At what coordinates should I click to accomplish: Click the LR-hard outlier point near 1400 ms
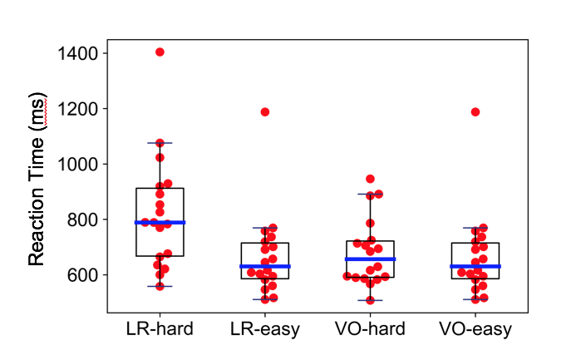click(160, 52)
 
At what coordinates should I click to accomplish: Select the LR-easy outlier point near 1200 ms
click(265, 111)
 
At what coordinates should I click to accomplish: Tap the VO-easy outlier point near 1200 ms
click(475, 111)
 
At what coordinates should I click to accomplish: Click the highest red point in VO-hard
click(370, 179)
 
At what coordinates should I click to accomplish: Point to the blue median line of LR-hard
click(160, 222)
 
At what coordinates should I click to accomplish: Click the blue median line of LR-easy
click(265, 266)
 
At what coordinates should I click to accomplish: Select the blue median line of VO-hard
click(370, 259)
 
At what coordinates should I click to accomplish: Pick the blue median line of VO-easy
click(475, 266)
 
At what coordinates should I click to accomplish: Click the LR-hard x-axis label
click(160, 329)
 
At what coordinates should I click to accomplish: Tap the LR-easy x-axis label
click(265, 329)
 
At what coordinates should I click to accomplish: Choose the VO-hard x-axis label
click(370, 329)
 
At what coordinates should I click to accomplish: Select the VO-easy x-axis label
click(475, 329)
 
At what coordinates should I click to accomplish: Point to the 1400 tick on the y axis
click(79, 53)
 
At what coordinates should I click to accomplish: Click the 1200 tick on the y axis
click(79, 109)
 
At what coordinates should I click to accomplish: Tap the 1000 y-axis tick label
click(79, 164)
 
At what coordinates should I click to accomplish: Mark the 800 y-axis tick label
click(84, 219)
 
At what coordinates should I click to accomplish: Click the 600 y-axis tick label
click(84, 274)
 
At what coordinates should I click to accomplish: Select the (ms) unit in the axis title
click(37, 110)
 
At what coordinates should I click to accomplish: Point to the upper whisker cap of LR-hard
click(160, 142)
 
